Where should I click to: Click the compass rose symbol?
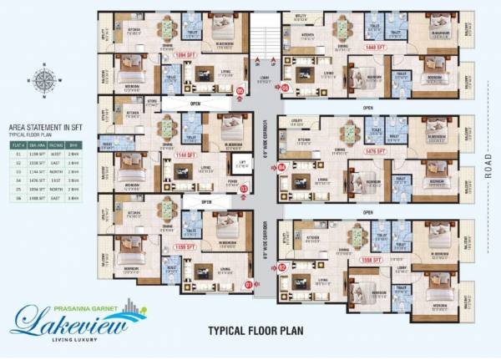pyautogui.click(x=41, y=81)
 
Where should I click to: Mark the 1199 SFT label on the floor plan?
pyautogui.click(x=185, y=248)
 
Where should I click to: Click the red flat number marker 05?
pyautogui.click(x=284, y=87)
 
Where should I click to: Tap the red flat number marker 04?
pyautogui.click(x=282, y=168)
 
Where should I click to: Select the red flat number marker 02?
pyautogui.click(x=282, y=267)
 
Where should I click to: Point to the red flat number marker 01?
pyautogui.click(x=248, y=284)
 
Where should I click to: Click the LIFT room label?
pyautogui.click(x=241, y=163)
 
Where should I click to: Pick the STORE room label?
pyautogui.click(x=152, y=102)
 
